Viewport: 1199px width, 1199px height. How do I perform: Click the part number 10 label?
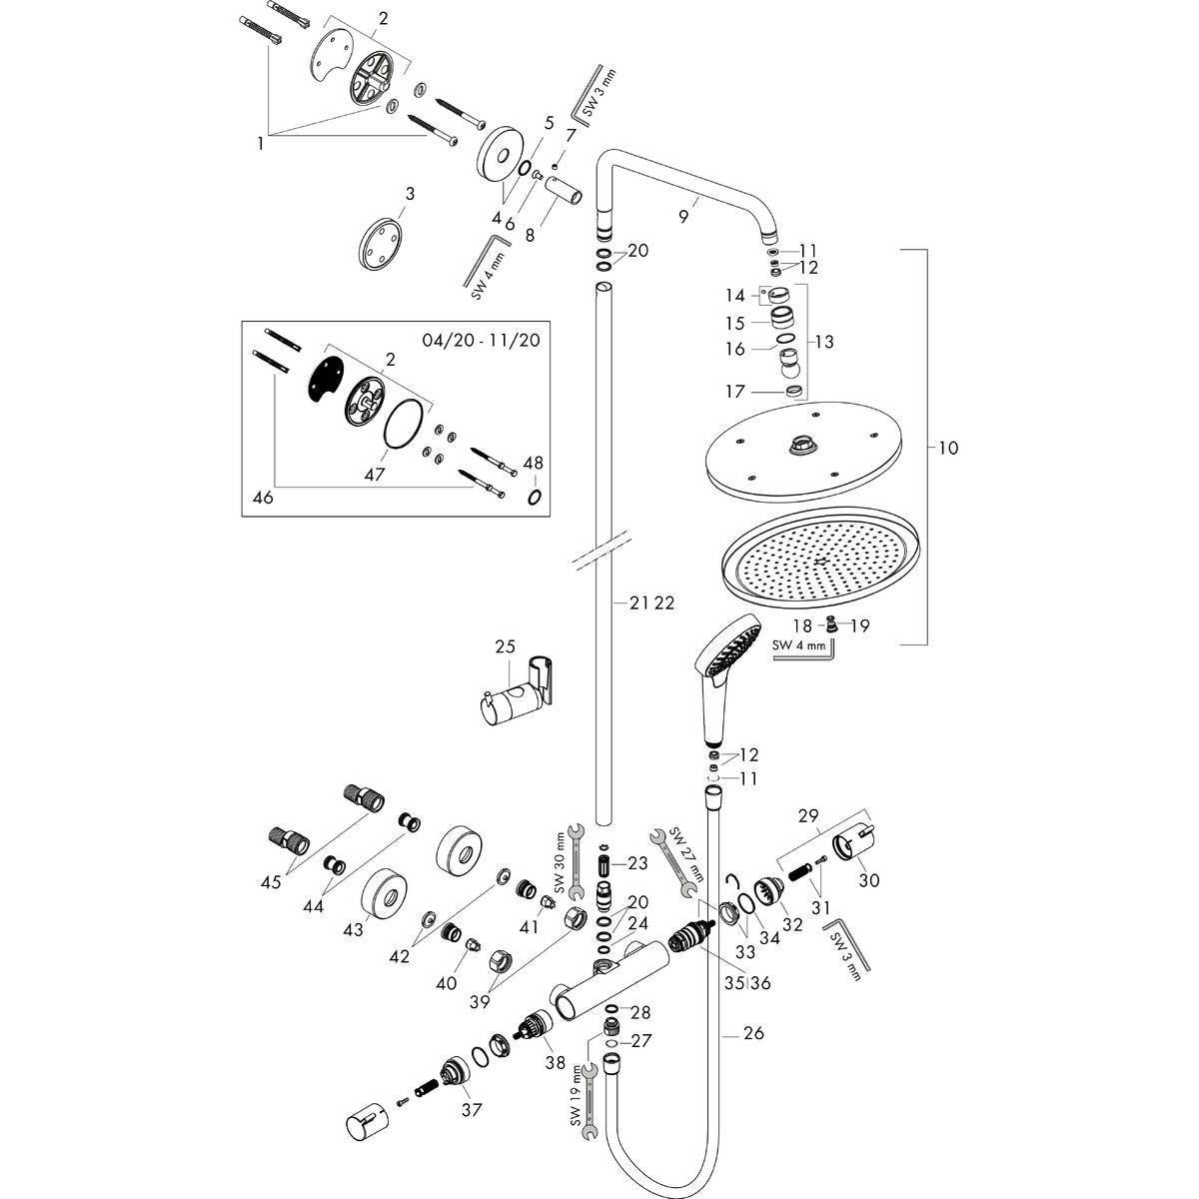948,449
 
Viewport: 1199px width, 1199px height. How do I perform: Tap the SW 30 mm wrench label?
561,860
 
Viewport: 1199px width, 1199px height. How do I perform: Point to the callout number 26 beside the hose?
753,1033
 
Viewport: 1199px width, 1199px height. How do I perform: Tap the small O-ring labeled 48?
535,497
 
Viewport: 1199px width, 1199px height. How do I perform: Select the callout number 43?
352,930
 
